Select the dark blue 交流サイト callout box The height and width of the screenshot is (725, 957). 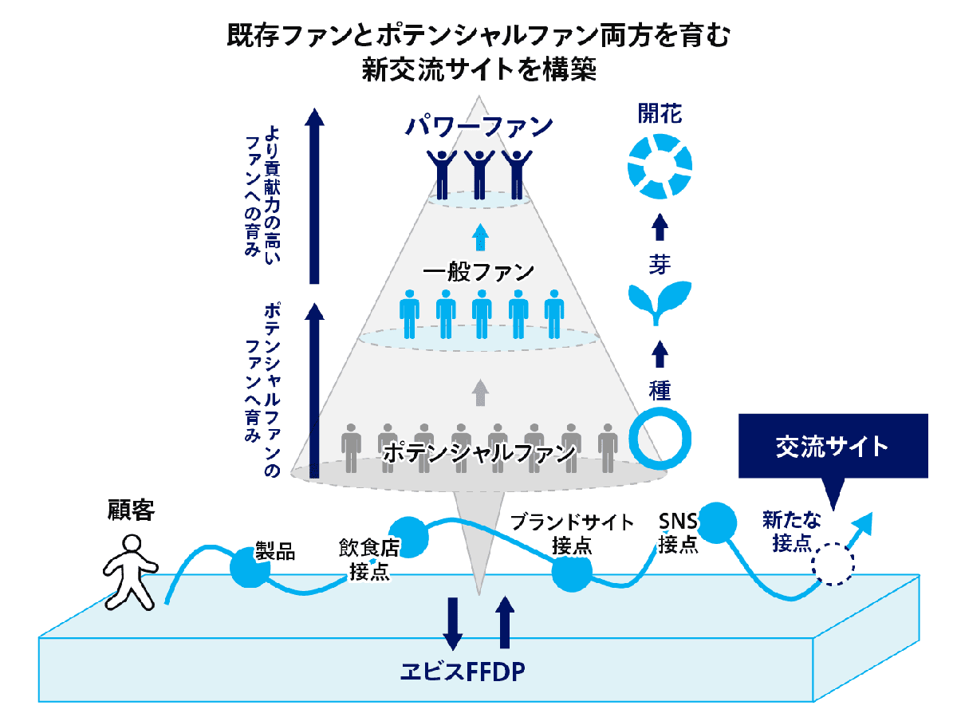833,447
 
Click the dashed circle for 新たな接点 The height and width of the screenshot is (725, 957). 833,565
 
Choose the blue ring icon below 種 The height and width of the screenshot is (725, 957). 660,439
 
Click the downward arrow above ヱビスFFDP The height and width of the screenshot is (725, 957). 452,622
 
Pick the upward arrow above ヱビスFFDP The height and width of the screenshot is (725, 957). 505,622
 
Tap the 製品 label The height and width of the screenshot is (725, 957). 275,551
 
